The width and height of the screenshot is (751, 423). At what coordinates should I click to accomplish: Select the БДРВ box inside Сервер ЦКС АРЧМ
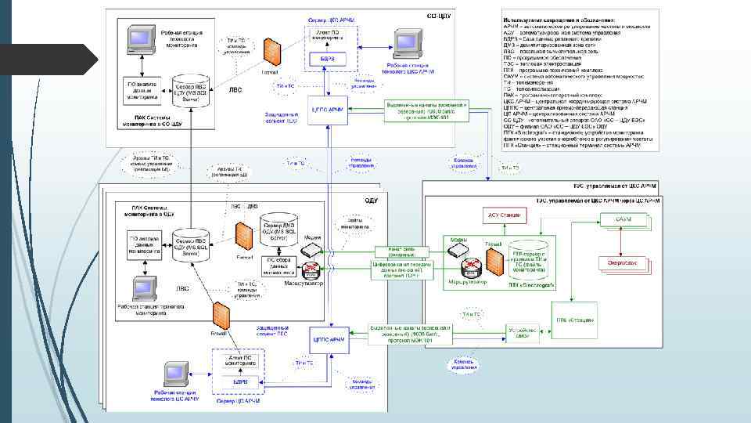click(328, 60)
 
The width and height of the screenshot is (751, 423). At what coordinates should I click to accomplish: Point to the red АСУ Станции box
click(504, 214)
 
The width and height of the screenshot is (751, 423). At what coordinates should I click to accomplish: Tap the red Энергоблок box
click(623, 264)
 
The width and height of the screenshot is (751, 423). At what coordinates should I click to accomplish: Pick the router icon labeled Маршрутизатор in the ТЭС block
click(470, 266)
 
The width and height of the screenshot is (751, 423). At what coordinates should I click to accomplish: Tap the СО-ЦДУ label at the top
click(439, 15)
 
